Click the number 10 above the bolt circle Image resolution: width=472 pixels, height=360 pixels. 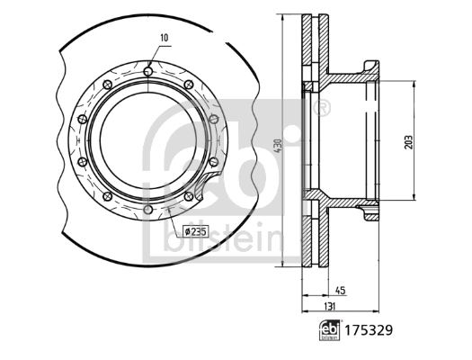(164, 37)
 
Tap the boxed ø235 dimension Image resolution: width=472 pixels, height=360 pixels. (200, 230)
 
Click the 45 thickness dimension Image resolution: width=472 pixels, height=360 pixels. (340, 290)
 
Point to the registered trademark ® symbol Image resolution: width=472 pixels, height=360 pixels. (321, 110)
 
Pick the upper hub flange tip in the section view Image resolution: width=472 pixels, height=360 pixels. (375, 66)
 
